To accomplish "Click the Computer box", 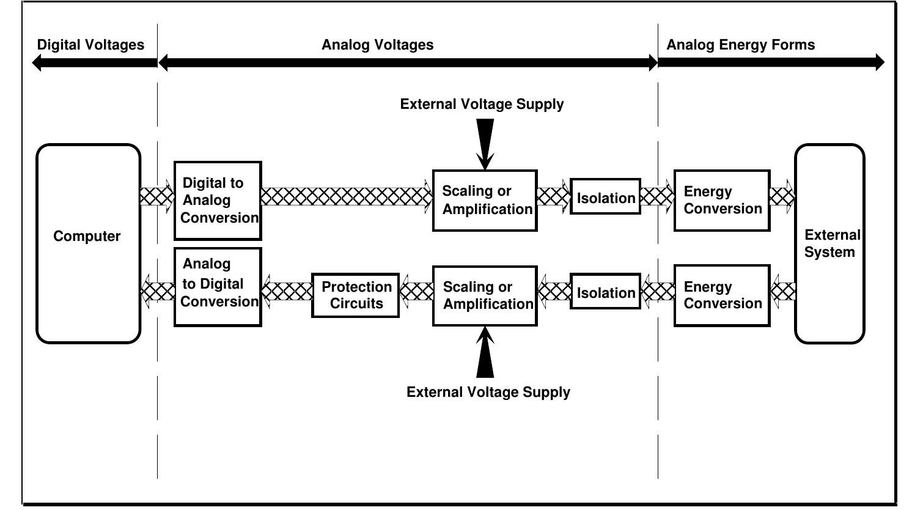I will [x=89, y=243].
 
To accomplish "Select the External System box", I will [x=829, y=243].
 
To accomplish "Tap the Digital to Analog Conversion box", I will [x=218, y=201].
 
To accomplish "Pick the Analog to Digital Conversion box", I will [x=218, y=287].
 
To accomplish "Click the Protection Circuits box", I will [x=356, y=295].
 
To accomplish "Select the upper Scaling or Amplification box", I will [x=485, y=201].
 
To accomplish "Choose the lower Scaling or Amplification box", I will [x=485, y=296].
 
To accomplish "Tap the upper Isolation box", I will [x=605, y=197].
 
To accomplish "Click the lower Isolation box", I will [x=605, y=292].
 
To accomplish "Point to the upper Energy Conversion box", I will [x=722, y=201].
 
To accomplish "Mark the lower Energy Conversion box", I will [x=722, y=295].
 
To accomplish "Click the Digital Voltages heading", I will [x=90, y=45].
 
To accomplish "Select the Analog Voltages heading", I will [x=377, y=45].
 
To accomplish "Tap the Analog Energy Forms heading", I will [x=740, y=45].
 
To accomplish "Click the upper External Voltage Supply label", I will [x=482, y=105].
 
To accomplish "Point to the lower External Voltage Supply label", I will [x=488, y=392].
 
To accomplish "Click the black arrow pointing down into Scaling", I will [x=485, y=144].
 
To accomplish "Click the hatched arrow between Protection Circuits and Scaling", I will [x=416, y=291].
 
